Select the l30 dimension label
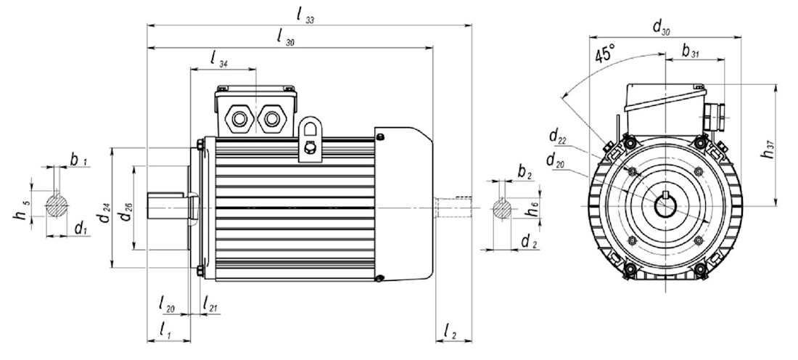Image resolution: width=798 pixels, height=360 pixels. point(286,38)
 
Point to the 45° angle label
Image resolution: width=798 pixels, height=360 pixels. point(604,55)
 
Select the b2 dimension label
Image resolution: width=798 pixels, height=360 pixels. point(525,172)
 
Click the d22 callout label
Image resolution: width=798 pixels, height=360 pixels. point(558,136)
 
